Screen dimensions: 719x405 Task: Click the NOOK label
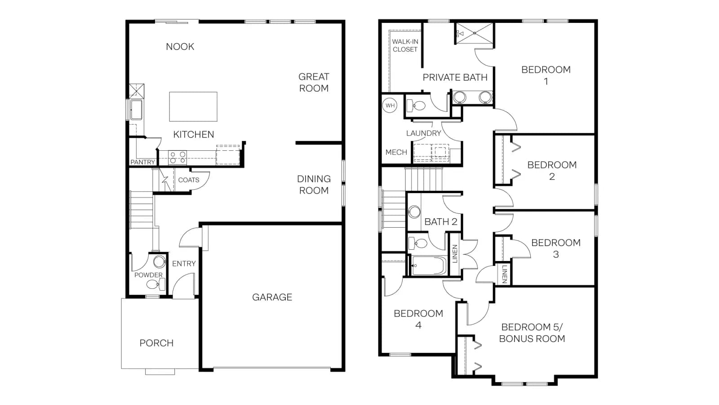pos(180,47)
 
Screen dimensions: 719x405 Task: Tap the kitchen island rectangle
pos(193,107)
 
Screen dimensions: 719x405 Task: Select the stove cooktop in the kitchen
pos(178,157)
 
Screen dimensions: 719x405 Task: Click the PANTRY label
pos(142,162)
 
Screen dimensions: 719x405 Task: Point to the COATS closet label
pos(189,180)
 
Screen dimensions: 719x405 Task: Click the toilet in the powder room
pos(155,284)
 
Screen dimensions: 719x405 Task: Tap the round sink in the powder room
pos(159,261)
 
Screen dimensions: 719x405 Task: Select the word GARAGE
pos(272,297)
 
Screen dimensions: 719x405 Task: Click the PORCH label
pos(157,343)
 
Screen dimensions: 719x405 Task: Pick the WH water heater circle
pos(390,105)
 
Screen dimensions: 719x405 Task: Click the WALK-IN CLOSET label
pos(405,45)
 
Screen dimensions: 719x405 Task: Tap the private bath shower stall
pos(475,33)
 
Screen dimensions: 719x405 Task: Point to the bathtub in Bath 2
pos(428,266)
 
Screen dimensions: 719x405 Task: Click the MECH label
pos(396,153)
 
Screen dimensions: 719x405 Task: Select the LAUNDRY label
pos(424,133)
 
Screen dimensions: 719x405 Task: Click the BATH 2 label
pos(441,222)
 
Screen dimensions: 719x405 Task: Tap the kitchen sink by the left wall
pos(136,110)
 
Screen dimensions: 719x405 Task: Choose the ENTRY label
pos(184,264)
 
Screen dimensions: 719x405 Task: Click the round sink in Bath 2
pos(414,212)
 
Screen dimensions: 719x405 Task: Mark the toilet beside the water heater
pos(416,105)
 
